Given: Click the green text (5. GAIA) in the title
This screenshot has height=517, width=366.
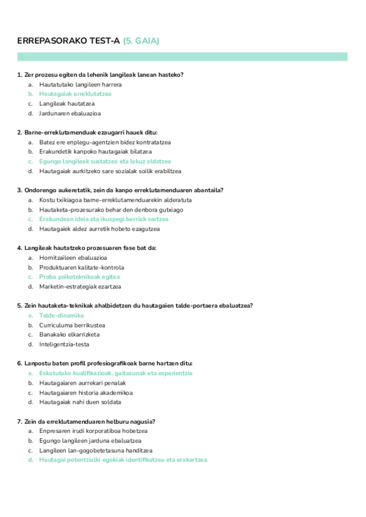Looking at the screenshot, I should pyautogui.click(x=141, y=41).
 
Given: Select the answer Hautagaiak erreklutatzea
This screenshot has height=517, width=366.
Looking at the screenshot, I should pyautogui.click(x=75, y=94).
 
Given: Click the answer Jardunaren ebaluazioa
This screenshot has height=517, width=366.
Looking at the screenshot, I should pyautogui.click(x=70, y=113).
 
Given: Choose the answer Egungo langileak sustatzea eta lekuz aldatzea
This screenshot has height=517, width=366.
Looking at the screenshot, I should pyautogui.click(x=105, y=162).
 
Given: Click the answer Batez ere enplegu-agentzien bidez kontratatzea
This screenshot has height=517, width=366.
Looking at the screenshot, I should pyautogui.click(x=105, y=142).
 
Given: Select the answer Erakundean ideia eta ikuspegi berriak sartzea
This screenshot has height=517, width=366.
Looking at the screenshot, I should pyautogui.click(x=104, y=219).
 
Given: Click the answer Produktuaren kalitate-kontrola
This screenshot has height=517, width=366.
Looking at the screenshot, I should pyautogui.click(x=82, y=267).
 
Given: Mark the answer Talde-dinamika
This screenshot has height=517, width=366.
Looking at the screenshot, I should pyautogui.click(x=61, y=315).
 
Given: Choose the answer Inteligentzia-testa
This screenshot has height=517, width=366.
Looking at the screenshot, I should pyautogui.click(x=64, y=344).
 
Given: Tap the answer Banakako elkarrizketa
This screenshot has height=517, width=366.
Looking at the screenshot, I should pyautogui.click(x=69, y=334).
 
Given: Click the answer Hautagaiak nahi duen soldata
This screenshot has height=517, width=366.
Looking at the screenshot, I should pyautogui.click(x=80, y=402).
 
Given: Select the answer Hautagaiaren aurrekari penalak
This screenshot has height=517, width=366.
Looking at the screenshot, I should pyautogui.click(x=82, y=382).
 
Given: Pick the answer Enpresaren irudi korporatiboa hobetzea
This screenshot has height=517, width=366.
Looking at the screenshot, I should pyautogui.click(x=93, y=430).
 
